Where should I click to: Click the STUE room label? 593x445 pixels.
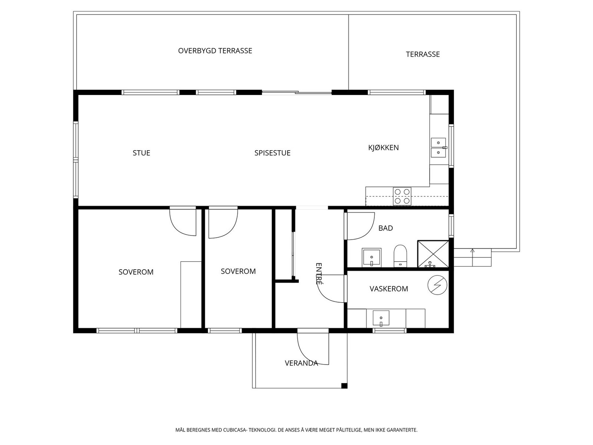141,153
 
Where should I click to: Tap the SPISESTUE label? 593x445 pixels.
272,153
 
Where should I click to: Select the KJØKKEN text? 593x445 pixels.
383,148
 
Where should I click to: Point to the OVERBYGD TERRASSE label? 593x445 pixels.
215,51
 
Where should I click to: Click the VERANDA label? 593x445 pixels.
301,363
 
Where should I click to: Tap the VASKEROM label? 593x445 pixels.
389,289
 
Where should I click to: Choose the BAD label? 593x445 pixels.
385,228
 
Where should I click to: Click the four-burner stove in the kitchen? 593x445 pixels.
402,196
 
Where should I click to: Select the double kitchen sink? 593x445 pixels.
438,148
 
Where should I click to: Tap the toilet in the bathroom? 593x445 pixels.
400,256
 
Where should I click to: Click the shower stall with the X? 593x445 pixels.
433,254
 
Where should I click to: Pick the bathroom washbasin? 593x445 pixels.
371,257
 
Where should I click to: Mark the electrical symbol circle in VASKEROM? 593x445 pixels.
437,285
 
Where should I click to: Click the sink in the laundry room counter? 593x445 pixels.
381,318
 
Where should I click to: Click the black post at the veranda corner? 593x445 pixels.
344,386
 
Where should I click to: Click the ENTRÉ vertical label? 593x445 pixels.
319,274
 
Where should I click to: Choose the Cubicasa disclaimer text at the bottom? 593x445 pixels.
296,430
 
